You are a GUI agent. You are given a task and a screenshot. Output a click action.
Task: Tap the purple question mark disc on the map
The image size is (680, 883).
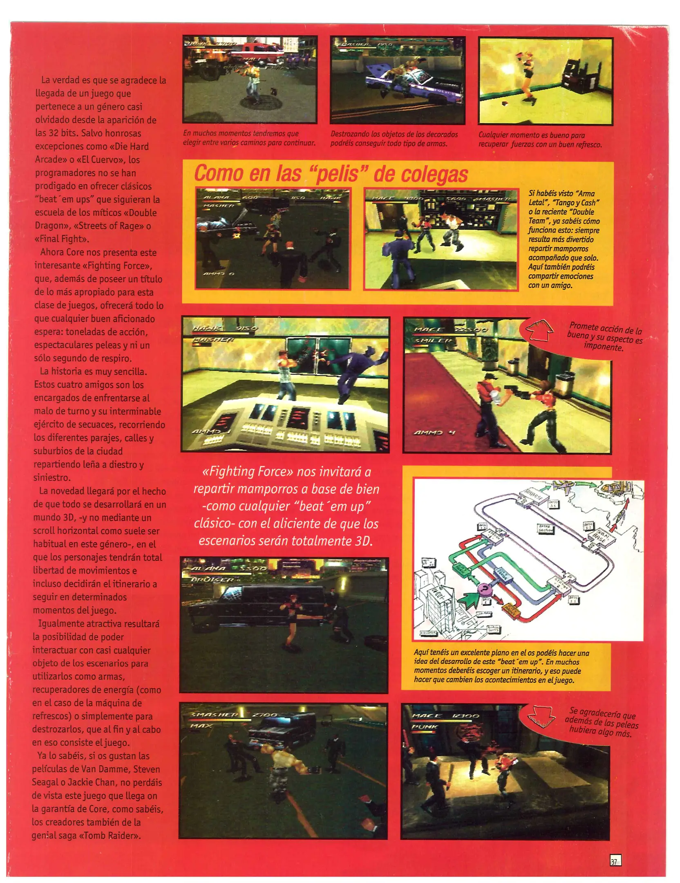485,589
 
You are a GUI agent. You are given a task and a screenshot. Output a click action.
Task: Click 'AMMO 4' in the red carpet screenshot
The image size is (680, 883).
434,433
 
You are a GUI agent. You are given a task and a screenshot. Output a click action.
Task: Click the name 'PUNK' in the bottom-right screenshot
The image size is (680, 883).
425,727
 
